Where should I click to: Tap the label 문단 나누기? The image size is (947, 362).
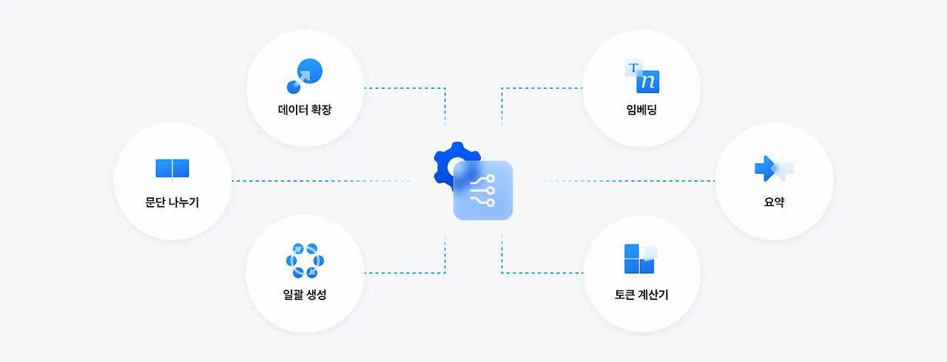172,202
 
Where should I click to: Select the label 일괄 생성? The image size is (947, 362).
305,295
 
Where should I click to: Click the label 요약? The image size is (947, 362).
774,202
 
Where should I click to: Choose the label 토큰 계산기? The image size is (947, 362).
641,295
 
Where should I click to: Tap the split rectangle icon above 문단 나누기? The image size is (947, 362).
172,169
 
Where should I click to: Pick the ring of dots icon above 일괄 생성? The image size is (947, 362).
304,259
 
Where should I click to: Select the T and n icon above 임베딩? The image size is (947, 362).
641,77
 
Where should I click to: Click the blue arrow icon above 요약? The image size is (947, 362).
774,168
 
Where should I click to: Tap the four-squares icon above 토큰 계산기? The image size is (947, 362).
640,258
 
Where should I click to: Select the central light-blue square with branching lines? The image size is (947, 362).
483,190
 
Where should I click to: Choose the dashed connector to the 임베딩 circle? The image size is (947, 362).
540,88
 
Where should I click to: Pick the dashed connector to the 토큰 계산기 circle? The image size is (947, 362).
540,273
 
